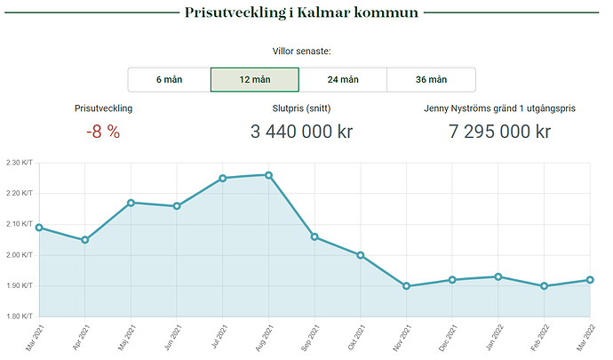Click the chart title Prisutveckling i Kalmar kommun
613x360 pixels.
pos(302,13)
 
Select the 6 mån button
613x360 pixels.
pos(169,79)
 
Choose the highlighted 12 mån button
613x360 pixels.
pos(254,79)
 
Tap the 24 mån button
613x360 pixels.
pos(343,79)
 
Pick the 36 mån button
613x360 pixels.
pos(431,79)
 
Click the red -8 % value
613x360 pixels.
pos(103,132)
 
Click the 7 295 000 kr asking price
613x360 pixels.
pos(500,132)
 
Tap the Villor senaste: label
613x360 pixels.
pos(302,52)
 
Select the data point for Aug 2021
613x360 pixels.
pos(268,175)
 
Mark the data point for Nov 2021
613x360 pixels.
pos(406,286)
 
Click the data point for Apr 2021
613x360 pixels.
pos(84,240)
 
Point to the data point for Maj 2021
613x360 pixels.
pos(131,203)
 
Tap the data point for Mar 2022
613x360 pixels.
pos(590,280)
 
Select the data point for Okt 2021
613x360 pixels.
pos(361,255)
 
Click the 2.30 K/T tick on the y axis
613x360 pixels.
pos(19,163)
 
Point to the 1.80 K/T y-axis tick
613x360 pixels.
pos(19,316)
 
